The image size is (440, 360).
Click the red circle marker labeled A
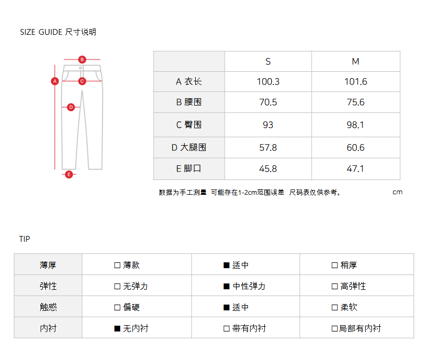pos(54,81)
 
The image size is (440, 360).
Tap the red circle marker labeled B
pos(82,59)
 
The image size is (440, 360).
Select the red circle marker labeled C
pos(82,81)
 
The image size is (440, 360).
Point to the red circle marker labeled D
pos(71,107)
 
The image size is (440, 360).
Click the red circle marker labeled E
pos(69,174)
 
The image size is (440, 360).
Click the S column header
pos(268,62)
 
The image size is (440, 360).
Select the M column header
pos(356,62)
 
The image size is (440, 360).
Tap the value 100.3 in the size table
pos(268,82)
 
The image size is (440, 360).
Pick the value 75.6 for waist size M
pos(356,102)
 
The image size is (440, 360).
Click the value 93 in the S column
pos(268,125)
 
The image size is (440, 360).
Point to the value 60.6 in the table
pos(356,148)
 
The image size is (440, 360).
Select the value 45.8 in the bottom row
pos(268,169)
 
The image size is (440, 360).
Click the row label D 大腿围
pos(189,148)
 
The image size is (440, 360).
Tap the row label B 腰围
pos(189,102)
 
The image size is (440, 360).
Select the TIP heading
pos(25,239)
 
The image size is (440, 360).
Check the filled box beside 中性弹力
pos(226,287)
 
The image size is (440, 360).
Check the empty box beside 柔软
pos(334,307)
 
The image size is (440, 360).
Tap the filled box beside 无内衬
pos(118,328)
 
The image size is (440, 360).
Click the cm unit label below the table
pos(397,192)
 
